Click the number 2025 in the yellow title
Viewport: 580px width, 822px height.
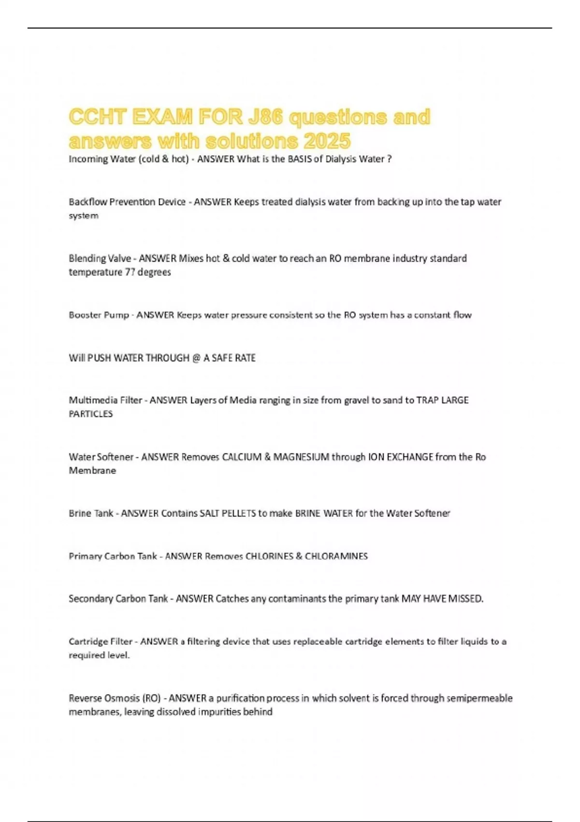(327, 141)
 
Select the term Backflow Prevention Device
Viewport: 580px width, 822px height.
(127, 202)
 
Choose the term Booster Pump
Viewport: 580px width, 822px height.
(99, 315)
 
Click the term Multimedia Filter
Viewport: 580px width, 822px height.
(105, 400)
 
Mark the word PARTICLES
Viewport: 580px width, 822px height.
(91, 414)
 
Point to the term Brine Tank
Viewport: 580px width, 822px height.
(91, 514)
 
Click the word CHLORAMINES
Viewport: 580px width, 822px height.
(336, 557)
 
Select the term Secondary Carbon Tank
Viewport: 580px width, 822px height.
(118, 599)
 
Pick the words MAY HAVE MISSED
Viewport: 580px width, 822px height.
(442, 599)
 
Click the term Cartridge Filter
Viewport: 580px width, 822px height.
(101, 642)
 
